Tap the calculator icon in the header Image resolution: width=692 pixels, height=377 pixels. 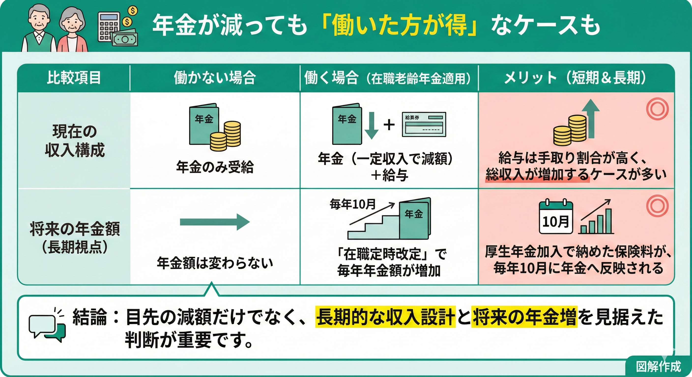pyautogui.click(x=109, y=27)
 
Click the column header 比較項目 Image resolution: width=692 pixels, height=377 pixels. pyautogui.click(x=74, y=78)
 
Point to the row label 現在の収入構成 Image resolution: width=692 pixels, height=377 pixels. pyautogui.click(x=74, y=141)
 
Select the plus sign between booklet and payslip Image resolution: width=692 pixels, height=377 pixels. pyautogui.click(x=389, y=125)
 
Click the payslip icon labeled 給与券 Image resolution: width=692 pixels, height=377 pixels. pyautogui.click(x=424, y=124)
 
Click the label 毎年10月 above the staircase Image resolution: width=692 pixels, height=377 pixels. pyautogui.click(x=353, y=204)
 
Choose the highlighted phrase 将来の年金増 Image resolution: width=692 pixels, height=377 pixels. pyautogui.click(x=524, y=317)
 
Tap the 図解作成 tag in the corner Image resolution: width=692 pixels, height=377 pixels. pyautogui.click(x=658, y=366)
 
